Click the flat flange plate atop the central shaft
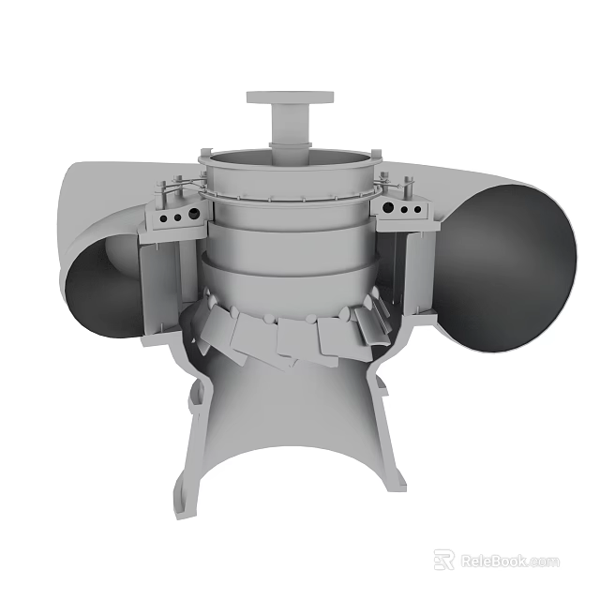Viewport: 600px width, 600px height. (x=290, y=97)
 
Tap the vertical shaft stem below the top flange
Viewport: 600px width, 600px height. (x=290, y=124)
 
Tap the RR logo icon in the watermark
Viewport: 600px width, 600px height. (x=444, y=560)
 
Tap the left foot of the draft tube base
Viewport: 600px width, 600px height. (x=187, y=497)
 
